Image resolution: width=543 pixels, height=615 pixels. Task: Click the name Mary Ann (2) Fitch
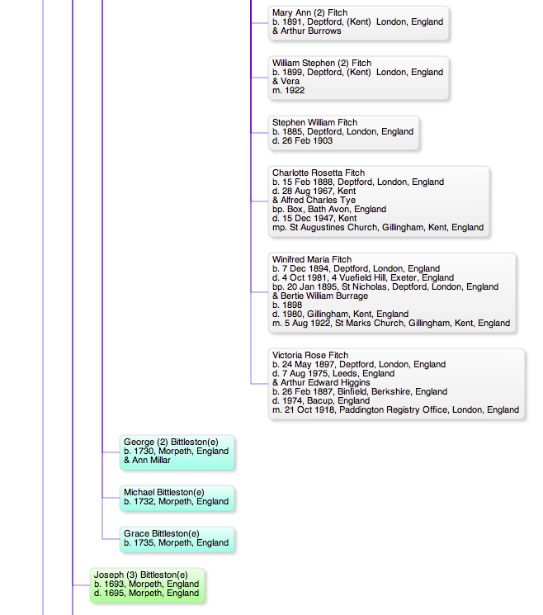(x=309, y=12)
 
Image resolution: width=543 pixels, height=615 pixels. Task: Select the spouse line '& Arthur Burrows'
(x=307, y=31)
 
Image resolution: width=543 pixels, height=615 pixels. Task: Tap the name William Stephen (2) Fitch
(x=322, y=63)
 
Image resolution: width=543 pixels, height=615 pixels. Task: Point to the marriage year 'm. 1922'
(x=289, y=90)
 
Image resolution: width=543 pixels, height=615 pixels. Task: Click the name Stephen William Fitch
(x=314, y=122)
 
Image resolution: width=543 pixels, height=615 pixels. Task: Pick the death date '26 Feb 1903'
(x=307, y=140)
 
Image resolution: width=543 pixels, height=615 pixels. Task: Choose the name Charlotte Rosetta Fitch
(x=319, y=173)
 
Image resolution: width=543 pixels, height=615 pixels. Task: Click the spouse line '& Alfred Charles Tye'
(x=314, y=200)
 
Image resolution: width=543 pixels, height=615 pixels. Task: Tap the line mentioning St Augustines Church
(x=378, y=227)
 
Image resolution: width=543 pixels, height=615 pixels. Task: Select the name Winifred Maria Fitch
(x=312, y=259)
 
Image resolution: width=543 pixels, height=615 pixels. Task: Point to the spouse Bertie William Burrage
(x=324, y=296)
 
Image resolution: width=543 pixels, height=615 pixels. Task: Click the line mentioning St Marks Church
(x=391, y=323)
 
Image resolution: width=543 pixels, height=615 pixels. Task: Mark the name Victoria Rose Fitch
(x=310, y=355)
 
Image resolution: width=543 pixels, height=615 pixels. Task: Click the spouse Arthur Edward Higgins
(x=325, y=382)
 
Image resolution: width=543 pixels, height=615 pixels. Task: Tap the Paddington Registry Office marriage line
(x=395, y=409)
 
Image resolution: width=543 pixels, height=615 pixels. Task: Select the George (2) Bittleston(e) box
(x=177, y=452)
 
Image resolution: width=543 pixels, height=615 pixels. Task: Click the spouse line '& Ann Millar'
(x=147, y=460)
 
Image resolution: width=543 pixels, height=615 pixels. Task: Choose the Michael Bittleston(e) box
(x=177, y=498)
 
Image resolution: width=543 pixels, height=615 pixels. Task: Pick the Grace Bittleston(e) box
(x=177, y=539)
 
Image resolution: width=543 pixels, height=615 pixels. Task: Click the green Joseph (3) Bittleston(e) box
(x=148, y=585)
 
